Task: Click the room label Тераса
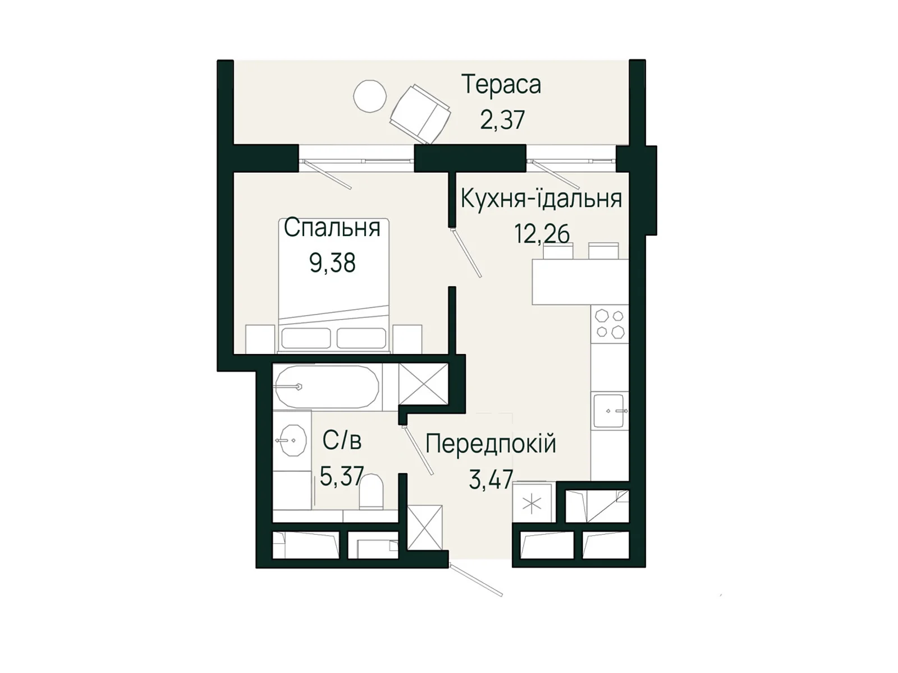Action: [501, 85]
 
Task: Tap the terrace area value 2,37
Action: [502, 120]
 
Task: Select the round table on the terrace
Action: [370, 96]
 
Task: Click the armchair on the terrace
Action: [420, 114]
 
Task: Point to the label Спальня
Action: [332, 228]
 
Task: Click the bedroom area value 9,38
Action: [332, 262]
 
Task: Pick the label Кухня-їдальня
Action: [541, 199]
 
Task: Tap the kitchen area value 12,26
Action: [542, 234]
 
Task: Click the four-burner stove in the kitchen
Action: [610, 324]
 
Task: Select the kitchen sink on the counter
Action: [608, 411]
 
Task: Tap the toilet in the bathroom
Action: [371, 491]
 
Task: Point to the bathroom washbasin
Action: [292, 441]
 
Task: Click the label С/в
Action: [342, 441]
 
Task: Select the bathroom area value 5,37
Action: [342, 477]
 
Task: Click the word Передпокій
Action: [491, 444]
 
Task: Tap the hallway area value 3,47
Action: [491, 480]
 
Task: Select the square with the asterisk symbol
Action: [532, 504]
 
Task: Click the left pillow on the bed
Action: [305, 338]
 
